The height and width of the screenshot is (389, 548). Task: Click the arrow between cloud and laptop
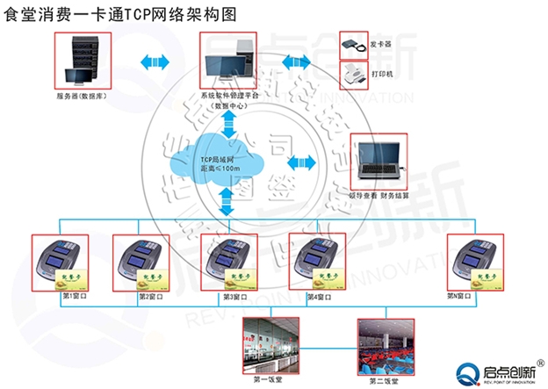(x=300, y=161)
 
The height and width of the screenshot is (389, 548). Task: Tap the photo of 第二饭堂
(x=387, y=346)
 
